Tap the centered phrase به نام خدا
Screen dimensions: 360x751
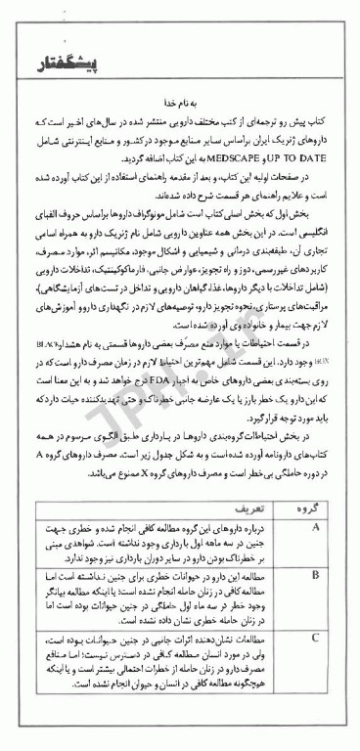pyautogui.click(x=179, y=101)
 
